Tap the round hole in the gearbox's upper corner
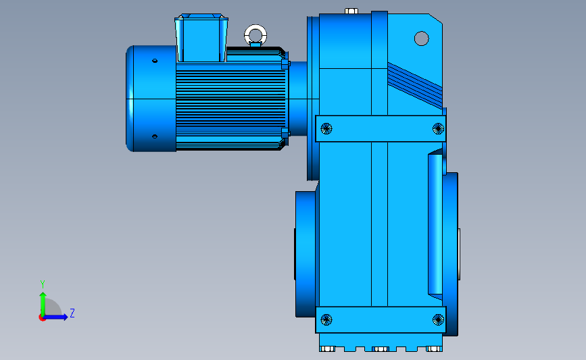pyautogui.click(x=422, y=38)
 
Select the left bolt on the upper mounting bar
pyautogui.click(x=326, y=128)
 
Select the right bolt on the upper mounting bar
pyautogui.click(x=438, y=128)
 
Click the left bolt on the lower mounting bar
pyautogui.click(x=326, y=319)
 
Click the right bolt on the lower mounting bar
pyautogui.click(x=438, y=319)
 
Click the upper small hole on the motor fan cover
pyautogui.click(x=155, y=61)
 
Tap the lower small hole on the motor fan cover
pyautogui.click(x=155, y=136)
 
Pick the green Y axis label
pyautogui.click(x=43, y=284)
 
